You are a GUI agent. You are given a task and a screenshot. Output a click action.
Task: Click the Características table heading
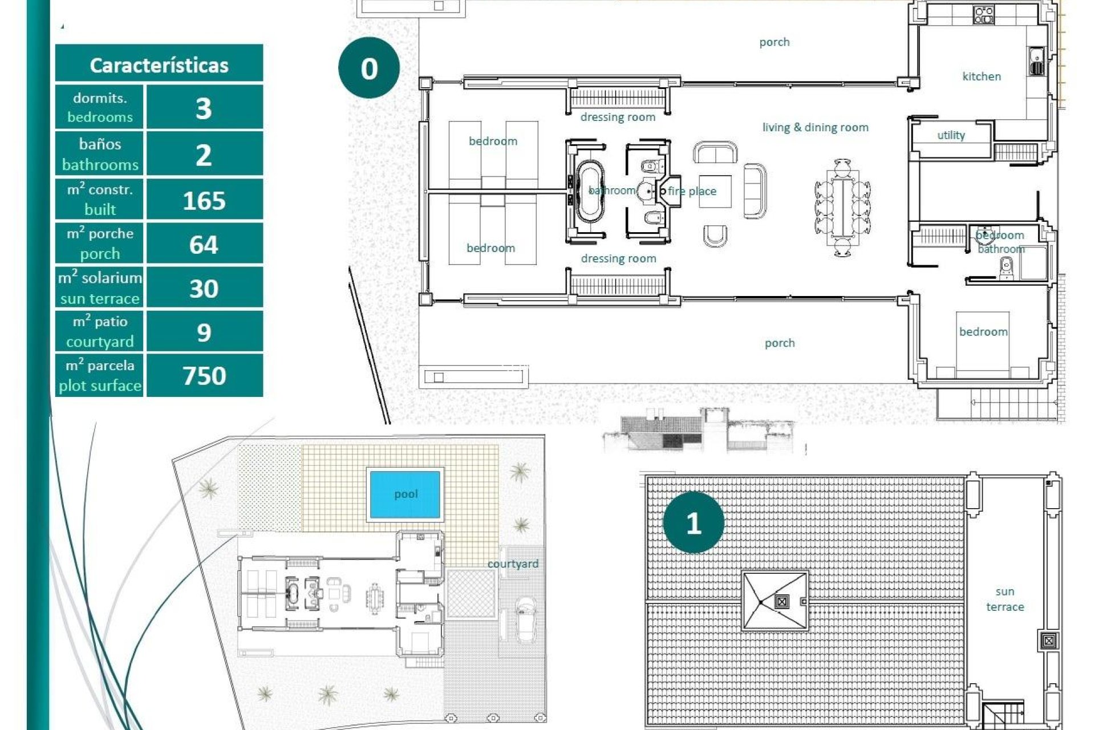pos(159,65)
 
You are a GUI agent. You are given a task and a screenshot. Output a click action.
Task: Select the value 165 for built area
pos(204,201)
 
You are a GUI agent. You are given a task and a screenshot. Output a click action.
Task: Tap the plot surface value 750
pos(204,376)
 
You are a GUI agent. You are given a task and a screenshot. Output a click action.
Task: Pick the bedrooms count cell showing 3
pos(204,108)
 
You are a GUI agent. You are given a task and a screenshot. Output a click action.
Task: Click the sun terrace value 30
pos(204,289)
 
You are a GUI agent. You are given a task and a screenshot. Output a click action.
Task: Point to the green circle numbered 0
pos(369,68)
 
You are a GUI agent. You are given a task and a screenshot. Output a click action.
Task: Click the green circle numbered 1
pos(693,523)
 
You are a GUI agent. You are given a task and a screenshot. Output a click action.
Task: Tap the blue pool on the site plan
pos(405,494)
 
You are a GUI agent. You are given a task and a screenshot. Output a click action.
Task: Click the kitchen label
pos(982,76)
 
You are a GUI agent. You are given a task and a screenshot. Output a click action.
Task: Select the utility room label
pos(951,135)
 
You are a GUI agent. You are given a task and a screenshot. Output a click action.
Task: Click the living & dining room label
pos(815,127)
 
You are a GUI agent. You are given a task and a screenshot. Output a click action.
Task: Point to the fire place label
pos(692,191)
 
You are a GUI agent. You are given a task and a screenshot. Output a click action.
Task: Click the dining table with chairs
pos(842,208)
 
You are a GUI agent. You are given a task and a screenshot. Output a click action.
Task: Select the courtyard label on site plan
pos(513,563)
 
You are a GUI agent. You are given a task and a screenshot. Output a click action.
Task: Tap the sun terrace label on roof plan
pos(1005,599)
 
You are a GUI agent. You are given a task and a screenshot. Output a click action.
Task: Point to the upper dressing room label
pos(618,117)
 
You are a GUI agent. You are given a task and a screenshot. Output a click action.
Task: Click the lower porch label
pos(780,343)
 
